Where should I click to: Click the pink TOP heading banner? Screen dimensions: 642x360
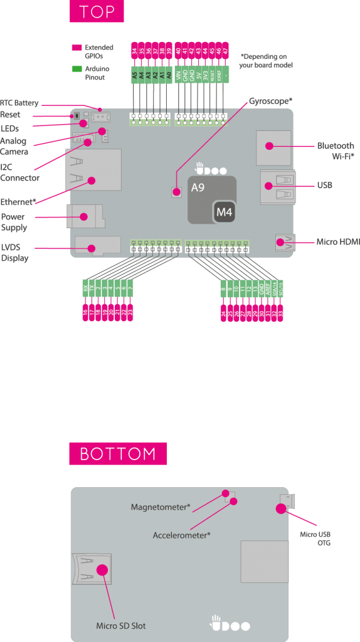(97, 12)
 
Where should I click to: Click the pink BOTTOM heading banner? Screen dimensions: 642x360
(117, 453)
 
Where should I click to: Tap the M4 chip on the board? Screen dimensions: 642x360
(225, 213)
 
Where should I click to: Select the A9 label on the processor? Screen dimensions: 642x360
(198, 187)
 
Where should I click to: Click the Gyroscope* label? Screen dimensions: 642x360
(270, 100)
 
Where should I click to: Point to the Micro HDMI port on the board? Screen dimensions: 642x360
(284, 242)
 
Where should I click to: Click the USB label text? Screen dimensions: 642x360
(324, 186)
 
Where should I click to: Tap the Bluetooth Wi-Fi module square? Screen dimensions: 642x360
(273, 147)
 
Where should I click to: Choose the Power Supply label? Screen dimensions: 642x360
(13, 222)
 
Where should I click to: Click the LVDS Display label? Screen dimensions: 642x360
(14, 252)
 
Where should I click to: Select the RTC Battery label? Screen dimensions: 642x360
(19, 103)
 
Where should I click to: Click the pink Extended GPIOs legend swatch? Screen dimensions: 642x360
(77, 48)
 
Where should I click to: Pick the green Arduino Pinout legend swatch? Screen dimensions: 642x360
(77, 68)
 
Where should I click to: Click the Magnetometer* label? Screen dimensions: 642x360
(160, 507)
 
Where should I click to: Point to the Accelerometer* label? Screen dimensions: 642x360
(181, 535)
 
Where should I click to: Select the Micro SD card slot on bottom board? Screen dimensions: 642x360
(92, 571)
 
